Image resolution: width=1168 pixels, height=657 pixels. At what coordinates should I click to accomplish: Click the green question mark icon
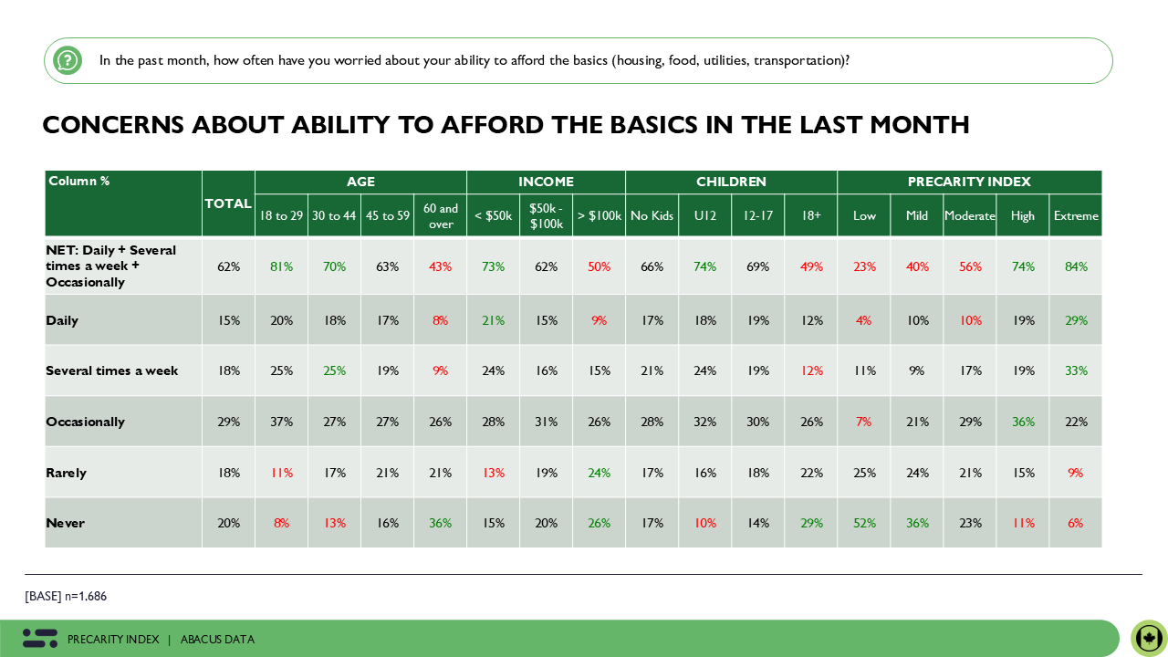point(68,60)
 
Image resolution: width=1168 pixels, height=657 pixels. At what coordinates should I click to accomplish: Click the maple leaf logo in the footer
point(1149,637)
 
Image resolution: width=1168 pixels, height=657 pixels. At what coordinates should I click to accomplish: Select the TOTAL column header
point(228,203)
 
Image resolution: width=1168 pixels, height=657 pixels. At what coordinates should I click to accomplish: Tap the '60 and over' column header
point(441,216)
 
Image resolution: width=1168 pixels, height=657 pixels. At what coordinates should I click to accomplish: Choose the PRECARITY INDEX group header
point(969,182)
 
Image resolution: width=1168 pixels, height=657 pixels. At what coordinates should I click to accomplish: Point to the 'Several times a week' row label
point(111,370)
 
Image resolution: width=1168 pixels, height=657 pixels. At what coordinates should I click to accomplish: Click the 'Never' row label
point(65,523)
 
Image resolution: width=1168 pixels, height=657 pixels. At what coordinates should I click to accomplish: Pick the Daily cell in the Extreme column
point(1076,320)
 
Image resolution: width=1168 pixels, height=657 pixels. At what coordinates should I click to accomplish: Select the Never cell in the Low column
point(864,523)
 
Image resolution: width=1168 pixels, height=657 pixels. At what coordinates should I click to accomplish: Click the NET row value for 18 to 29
point(281,266)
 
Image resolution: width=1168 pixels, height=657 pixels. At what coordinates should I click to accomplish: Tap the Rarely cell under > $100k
point(599,473)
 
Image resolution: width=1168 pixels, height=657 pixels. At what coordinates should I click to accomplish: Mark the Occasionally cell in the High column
point(1023,422)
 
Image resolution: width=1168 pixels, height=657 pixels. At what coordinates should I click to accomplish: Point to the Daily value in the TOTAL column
point(228,320)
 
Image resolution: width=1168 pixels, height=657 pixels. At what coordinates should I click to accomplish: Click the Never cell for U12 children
point(705,523)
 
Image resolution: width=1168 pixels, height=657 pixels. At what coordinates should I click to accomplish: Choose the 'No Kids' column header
point(652,216)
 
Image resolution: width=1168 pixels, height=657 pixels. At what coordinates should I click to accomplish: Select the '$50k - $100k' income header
point(546,216)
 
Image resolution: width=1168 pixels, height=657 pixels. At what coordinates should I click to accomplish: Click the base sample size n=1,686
point(86,596)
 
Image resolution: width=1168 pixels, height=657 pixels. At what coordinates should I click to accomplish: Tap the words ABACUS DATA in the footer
point(217,640)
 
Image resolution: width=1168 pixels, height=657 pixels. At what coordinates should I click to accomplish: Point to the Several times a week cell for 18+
point(811,370)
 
